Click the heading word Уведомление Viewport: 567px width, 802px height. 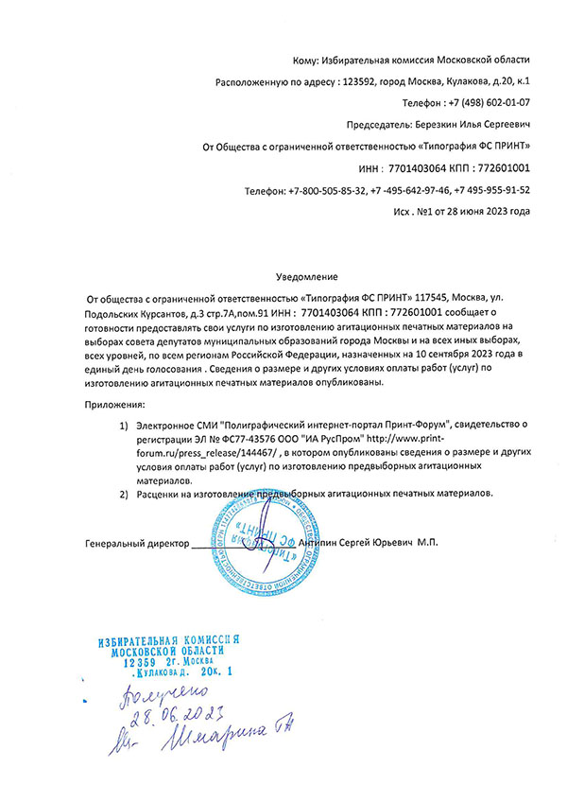click(x=305, y=277)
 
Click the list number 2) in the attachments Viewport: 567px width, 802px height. click(x=124, y=494)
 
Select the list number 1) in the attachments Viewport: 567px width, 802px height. click(x=124, y=427)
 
